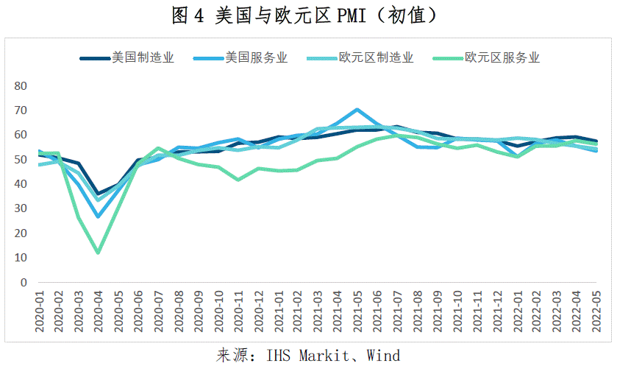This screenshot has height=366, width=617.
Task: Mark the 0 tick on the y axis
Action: (x=24, y=282)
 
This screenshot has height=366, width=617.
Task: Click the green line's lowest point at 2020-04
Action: (x=98, y=253)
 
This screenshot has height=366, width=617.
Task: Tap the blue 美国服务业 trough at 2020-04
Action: (x=98, y=217)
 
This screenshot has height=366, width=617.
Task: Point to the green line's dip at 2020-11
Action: (x=238, y=179)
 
